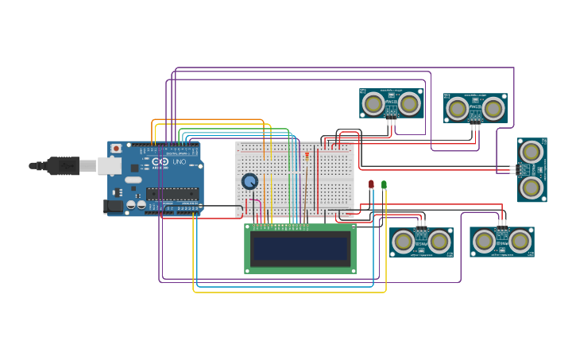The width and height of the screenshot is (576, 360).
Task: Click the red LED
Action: click(371, 184)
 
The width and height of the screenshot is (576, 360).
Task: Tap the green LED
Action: click(384, 184)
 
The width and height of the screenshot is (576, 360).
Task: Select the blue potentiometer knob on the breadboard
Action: click(249, 181)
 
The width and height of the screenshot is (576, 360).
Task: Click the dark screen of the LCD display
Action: click(300, 248)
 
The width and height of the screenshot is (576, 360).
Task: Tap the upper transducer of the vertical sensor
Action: click(532, 150)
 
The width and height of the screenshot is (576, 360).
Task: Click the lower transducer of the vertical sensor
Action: click(532, 188)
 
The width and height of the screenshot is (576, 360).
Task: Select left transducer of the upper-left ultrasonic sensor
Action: click(372, 103)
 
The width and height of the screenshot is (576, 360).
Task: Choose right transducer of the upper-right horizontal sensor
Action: click(493, 108)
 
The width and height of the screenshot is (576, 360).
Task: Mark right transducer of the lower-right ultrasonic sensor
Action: click(520, 241)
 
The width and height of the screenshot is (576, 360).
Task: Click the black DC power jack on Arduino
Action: click(114, 206)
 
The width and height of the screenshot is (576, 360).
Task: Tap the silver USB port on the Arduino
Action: click(108, 165)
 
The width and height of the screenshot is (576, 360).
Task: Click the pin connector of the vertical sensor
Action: click(514, 168)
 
